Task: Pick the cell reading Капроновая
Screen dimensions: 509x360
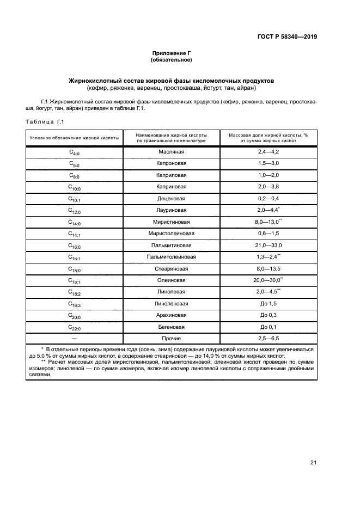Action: click(x=172, y=163)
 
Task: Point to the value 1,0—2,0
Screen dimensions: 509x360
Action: click(x=268, y=175)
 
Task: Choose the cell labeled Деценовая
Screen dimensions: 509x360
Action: click(x=172, y=198)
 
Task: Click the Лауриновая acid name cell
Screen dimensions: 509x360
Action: click(x=172, y=210)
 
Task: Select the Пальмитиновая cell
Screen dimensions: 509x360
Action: click(x=172, y=245)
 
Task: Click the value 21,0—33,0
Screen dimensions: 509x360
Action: click(x=268, y=245)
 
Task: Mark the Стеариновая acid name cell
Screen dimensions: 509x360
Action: click(x=172, y=268)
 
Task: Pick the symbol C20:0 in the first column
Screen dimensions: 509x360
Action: click(x=74, y=315)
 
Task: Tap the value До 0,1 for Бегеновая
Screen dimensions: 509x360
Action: click(x=268, y=327)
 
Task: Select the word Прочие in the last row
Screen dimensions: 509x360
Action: click(x=172, y=339)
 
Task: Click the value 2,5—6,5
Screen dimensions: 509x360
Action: click(x=268, y=339)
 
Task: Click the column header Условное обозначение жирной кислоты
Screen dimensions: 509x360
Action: click(x=74, y=137)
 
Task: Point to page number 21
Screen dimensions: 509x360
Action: click(x=313, y=463)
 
